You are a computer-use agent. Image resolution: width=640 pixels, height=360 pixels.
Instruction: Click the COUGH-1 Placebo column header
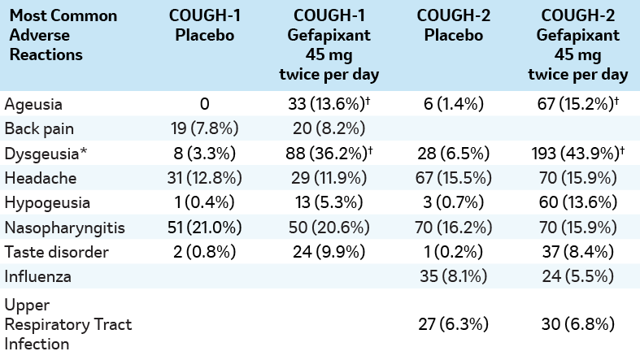pos(205,26)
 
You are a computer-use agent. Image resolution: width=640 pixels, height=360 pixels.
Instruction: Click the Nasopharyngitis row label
pos(57,225)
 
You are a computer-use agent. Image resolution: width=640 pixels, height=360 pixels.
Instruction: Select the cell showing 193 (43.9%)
pos(578,153)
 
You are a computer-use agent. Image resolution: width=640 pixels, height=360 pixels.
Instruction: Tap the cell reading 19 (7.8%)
pos(205,128)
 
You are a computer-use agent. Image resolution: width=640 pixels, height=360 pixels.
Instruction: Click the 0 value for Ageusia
pos(205,105)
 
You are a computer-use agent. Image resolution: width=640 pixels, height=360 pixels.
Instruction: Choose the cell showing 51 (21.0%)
pos(205,225)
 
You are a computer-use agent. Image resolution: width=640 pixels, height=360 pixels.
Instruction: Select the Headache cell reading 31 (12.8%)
pos(205,177)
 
